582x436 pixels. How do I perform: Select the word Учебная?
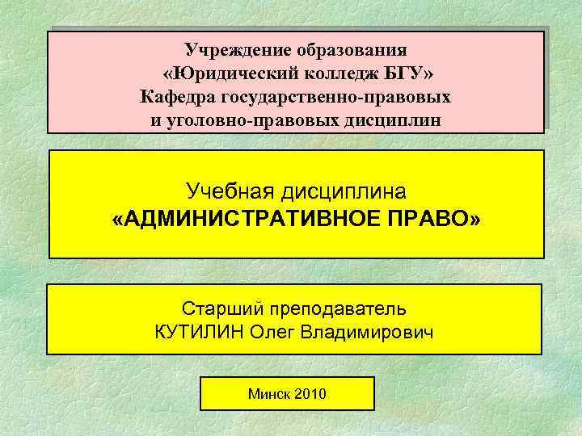[230, 191]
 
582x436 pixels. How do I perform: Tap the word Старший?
[217, 308]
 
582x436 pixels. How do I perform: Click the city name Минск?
[270, 395]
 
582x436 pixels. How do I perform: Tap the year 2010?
[312, 395]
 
